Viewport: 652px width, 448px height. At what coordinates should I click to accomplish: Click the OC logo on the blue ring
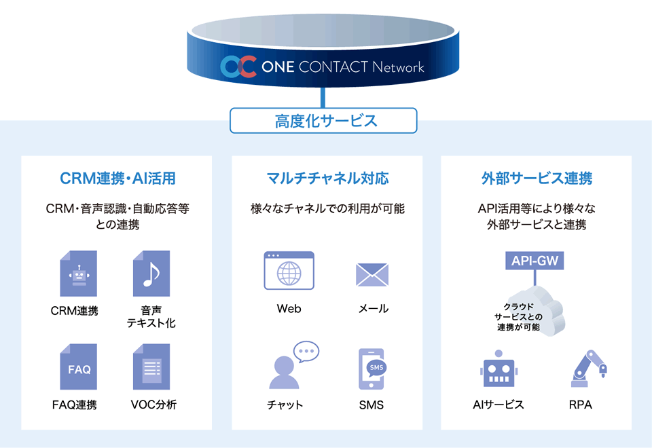238,67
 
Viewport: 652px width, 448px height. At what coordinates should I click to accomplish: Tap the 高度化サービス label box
323,121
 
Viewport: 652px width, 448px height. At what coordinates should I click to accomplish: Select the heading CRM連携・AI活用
117,179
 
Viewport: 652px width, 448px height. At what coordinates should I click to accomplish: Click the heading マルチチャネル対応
327,179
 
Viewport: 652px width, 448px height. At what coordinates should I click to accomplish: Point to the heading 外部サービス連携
537,179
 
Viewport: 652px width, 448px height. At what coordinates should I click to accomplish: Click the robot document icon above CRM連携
79,274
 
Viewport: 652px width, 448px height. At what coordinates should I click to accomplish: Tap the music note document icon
151,274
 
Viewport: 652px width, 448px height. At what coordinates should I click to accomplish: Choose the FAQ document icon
79,367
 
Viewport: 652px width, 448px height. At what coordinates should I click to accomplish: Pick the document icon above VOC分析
151,367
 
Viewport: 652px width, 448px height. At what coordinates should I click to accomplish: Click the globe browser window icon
289,271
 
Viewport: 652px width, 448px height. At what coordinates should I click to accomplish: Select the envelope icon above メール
372,275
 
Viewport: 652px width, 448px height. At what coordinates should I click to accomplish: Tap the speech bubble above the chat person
306,352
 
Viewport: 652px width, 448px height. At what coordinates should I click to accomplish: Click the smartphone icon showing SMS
372,369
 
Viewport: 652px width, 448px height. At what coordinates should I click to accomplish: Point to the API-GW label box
535,261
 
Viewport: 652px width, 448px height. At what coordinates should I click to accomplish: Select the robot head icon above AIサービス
499,369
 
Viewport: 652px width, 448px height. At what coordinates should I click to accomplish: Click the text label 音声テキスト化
151,317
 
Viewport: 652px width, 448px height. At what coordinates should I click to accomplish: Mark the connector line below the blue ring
323,98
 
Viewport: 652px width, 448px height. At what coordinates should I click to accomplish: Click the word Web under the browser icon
289,309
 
